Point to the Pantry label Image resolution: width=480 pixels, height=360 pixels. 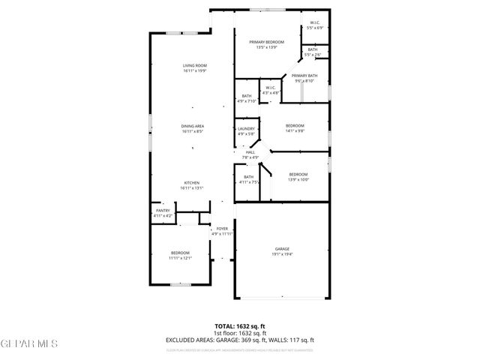click(x=163, y=211)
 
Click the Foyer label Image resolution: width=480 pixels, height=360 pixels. click(x=222, y=229)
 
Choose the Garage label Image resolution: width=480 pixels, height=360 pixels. click(x=282, y=249)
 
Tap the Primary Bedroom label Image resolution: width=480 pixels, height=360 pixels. click(x=267, y=42)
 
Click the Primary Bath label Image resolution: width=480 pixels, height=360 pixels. click(x=304, y=76)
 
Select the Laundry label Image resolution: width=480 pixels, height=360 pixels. click(x=246, y=129)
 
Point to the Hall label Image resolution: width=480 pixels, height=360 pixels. click(x=250, y=152)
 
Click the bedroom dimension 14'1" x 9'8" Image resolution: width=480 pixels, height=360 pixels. click(x=295, y=131)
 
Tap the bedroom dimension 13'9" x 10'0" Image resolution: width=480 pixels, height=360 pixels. click(x=298, y=179)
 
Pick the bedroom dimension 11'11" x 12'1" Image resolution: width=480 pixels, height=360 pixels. click(x=180, y=258)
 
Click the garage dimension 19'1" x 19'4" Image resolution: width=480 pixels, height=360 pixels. click(x=282, y=255)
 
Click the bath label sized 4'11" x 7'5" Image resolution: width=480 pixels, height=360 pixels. click(x=248, y=177)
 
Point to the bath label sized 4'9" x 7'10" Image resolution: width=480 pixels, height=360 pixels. click(x=247, y=96)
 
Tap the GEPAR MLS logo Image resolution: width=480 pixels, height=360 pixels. click(x=28, y=343)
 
